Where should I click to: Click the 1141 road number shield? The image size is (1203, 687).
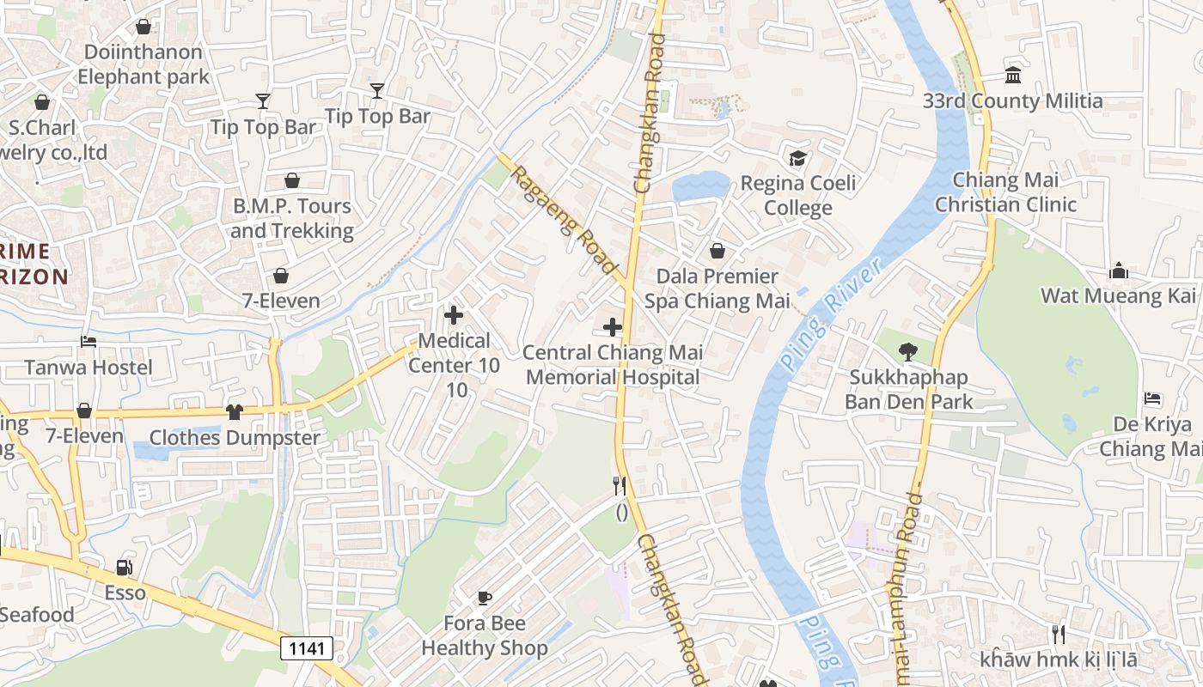click(x=307, y=647)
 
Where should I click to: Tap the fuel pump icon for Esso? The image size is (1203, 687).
click(x=125, y=568)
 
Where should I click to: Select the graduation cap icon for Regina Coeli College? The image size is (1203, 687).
click(x=797, y=159)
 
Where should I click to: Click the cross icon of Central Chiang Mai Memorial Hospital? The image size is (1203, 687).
click(x=613, y=327)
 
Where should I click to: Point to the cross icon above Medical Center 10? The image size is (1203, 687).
click(x=454, y=315)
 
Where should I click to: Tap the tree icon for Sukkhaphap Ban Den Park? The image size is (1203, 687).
click(x=907, y=352)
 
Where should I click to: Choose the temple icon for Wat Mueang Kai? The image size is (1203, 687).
click(x=1118, y=271)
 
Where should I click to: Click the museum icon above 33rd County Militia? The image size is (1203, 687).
click(x=1012, y=76)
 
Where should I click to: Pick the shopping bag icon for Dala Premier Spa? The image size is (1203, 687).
click(x=717, y=251)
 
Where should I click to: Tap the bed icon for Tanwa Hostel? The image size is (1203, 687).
click(x=89, y=342)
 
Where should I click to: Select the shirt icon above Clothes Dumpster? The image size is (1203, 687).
click(x=235, y=412)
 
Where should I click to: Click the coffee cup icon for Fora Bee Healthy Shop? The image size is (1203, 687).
click(x=485, y=598)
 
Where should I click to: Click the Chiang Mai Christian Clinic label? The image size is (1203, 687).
click(x=1005, y=192)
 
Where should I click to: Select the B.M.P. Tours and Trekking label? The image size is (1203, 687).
click(x=291, y=218)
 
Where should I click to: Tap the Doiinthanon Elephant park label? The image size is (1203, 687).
click(x=143, y=64)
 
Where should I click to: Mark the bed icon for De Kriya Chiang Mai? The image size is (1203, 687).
click(x=1152, y=398)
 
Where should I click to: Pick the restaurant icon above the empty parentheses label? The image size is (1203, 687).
click(x=619, y=486)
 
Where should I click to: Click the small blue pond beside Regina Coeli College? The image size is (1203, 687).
click(x=699, y=185)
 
